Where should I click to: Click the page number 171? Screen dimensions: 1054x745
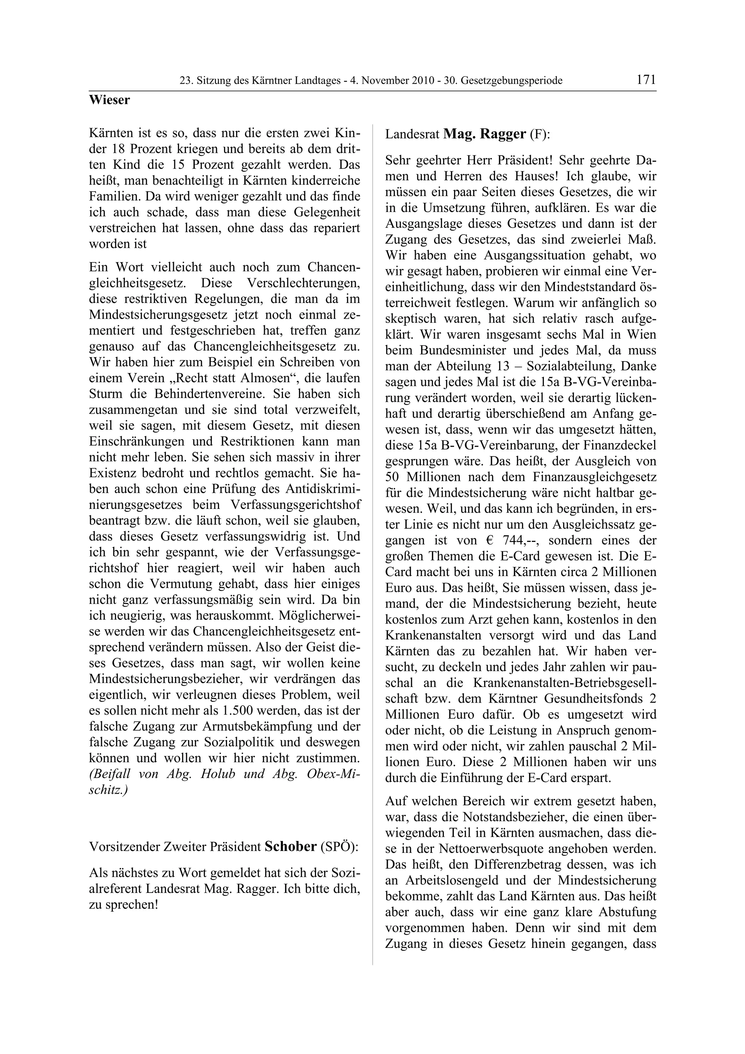(x=646, y=80)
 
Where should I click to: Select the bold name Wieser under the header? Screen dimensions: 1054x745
(x=109, y=100)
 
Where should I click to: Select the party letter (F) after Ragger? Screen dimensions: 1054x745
(x=540, y=135)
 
